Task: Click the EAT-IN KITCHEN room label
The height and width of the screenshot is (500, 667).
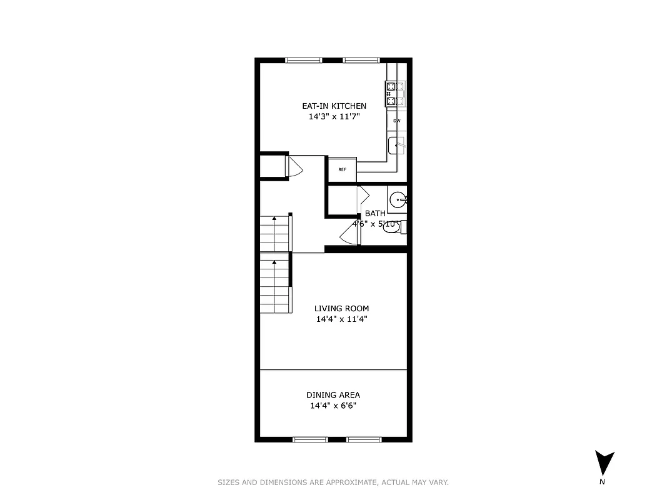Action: point(334,106)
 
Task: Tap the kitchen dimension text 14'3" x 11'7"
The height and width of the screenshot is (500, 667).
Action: point(334,117)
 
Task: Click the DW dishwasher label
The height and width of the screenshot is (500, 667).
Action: point(396,121)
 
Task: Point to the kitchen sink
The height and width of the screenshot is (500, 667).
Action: point(396,146)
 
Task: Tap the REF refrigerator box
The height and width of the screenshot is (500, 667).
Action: point(343,169)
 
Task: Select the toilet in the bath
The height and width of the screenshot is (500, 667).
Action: point(393,227)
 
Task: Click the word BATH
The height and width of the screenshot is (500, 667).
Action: point(375,213)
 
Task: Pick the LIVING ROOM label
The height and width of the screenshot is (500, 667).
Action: point(341,308)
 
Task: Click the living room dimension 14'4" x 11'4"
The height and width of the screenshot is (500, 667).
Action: point(341,319)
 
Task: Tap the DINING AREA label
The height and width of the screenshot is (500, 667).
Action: point(333,395)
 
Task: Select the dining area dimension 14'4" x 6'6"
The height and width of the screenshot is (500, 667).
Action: point(333,406)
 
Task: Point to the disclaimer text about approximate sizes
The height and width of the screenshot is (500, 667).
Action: point(333,482)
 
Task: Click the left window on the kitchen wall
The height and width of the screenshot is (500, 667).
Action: point(304,60)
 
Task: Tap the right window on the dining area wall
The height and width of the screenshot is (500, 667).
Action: point(364,439)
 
